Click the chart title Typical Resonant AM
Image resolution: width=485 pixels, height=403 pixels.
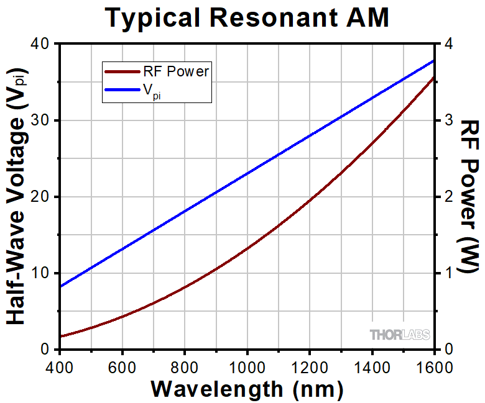pyautogui.click(x=247, y=17)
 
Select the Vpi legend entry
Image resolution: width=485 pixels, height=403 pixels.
pyautogui.click(x=152, y=93)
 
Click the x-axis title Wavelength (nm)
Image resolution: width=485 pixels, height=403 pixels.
pyautogui.click(x=247, y=389)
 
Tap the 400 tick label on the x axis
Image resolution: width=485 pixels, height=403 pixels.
pyautogui.click(x=60, y=367)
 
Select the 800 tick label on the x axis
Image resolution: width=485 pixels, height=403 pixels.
pyautogui.click(x=185, y=367)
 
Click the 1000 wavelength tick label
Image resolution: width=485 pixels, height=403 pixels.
pyautogui.click(x=247, y=367)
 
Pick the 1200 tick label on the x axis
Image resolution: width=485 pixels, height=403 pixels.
pyautogui.click(x=310, y=367)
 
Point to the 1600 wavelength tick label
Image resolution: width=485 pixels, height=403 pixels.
pyautogui.click(x=433, y=367)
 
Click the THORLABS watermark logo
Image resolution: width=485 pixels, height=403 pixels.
pyautogui.click(x=400, y=335)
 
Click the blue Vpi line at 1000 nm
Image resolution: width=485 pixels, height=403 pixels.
pyautogui.click(x=247, y=173)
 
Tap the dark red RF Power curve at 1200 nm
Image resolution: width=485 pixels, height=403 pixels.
pyautogui.click(x=310, y=200)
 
